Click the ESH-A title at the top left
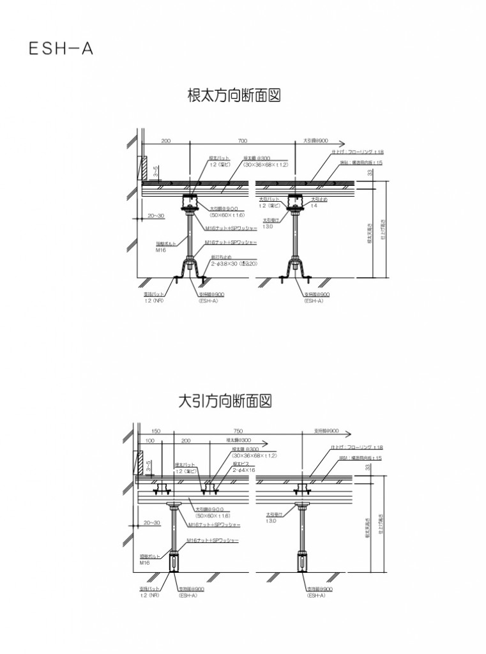(61, 49)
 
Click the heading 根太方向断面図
(234, 95)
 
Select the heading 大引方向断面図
(225, 401)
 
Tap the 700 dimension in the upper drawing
(243, 141)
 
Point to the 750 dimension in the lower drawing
(238, 431)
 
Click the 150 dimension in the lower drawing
(156, 431)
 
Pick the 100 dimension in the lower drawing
(150, 441)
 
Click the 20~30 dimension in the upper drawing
(155, 217)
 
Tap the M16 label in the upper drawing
(161, 251)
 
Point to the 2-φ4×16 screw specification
(244, 469)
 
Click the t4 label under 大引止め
(314, 206)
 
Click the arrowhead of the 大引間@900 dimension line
(343, 144)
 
